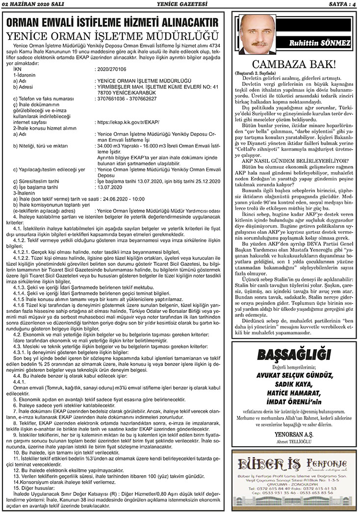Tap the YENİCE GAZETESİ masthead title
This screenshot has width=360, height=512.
coord(180,4)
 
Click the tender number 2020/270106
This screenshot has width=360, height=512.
coord(112,70)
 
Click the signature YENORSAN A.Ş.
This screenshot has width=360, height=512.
coord(292,434)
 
